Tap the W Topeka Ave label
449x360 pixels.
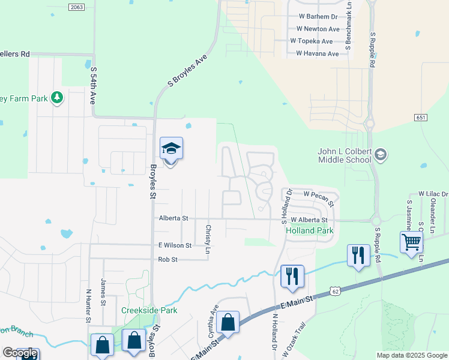tap(311, 41)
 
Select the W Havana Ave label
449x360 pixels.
tap(318, 54)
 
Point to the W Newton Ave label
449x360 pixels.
tap(318, 29)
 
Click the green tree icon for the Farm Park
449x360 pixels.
tap(57, 97)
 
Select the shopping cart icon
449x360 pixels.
tap(412, 242)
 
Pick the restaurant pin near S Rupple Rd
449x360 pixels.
tap(358, 255)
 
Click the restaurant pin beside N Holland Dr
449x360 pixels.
tap(292, 276)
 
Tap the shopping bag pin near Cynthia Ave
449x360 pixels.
tap(228, 322)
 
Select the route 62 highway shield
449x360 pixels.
tap(335, 292)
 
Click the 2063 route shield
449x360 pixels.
tap(76, 7)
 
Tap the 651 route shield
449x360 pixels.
tap(420, 118)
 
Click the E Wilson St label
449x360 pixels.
tap(175, 245)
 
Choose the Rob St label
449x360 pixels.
tap(167, 259)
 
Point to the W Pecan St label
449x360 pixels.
tap(318, 195)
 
